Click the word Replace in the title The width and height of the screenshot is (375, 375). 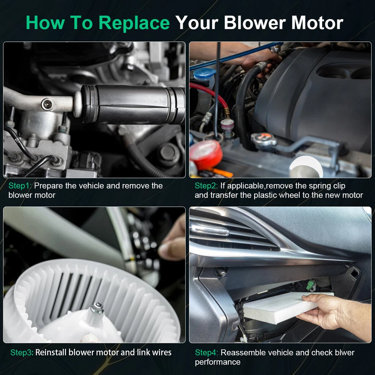click(x=134, y=23)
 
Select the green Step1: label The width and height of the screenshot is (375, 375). click(x=20, y=186)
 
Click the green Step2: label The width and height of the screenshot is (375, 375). click(x=206, y=186)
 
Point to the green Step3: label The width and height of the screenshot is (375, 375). click(x=22, y=352)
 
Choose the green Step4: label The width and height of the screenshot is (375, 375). click(x=206, y=352)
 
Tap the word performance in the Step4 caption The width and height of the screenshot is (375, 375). click(x=217, y=362)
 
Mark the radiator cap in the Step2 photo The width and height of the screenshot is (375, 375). click(x=264, y=139)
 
